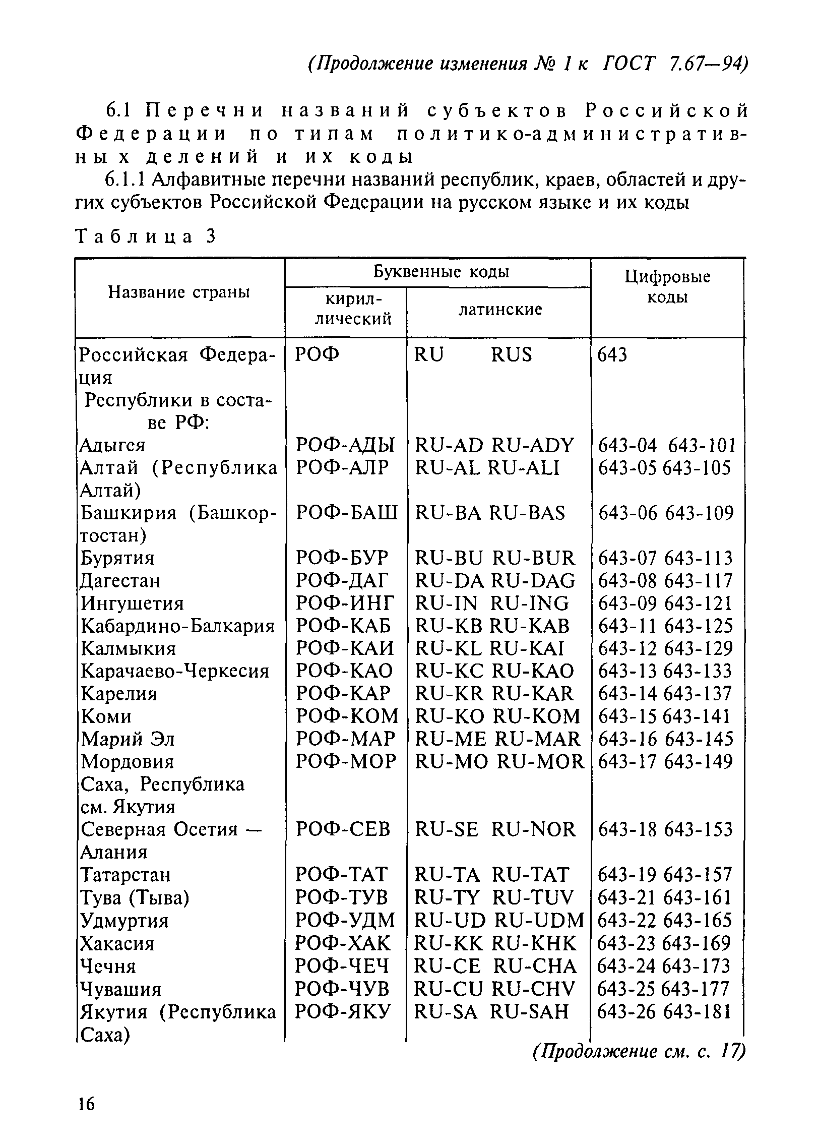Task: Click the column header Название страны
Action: [179, 292]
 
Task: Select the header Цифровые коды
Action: [667, 287]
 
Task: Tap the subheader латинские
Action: [500, 310]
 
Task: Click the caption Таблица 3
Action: [145, 236]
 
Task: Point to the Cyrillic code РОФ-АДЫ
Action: [345, 445]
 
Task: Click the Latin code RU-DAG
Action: [533, 581]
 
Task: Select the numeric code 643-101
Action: [702, 446]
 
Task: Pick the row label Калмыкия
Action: [129, 648]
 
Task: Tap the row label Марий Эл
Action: [128, 739]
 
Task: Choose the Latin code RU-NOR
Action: [533, 829]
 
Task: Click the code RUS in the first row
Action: [512, 355]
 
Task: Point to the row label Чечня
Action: [108, 966]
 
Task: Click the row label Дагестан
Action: [120, 581]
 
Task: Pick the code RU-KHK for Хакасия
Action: [533, 943]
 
